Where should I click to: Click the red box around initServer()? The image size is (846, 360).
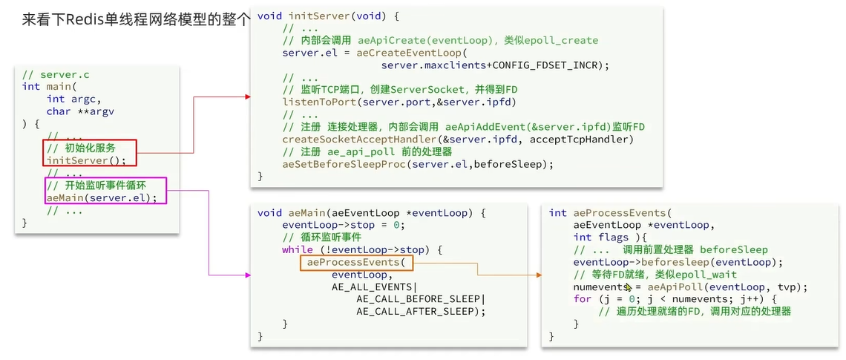pyautogui.click(x=90, y=154)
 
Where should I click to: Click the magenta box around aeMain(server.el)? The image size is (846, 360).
pyautogui.click(x=105, y=191)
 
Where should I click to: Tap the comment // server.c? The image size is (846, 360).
pyautogui.click(x=56, y=75)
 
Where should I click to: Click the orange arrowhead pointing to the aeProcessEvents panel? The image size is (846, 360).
pyautogui.click(x=537, y=275)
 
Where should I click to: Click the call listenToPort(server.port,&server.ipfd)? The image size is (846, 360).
pyautogui.click(x=399, y=102)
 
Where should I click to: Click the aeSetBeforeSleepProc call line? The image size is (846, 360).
pyautogui.click(x=418, y=164)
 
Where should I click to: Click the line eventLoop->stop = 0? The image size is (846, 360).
pyautogui.click(x=342, y=225)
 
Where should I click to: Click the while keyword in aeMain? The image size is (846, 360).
pyautogui.click(x=297, y=249)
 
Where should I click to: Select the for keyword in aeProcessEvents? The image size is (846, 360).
pyautogui.click(x=582, y=299)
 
